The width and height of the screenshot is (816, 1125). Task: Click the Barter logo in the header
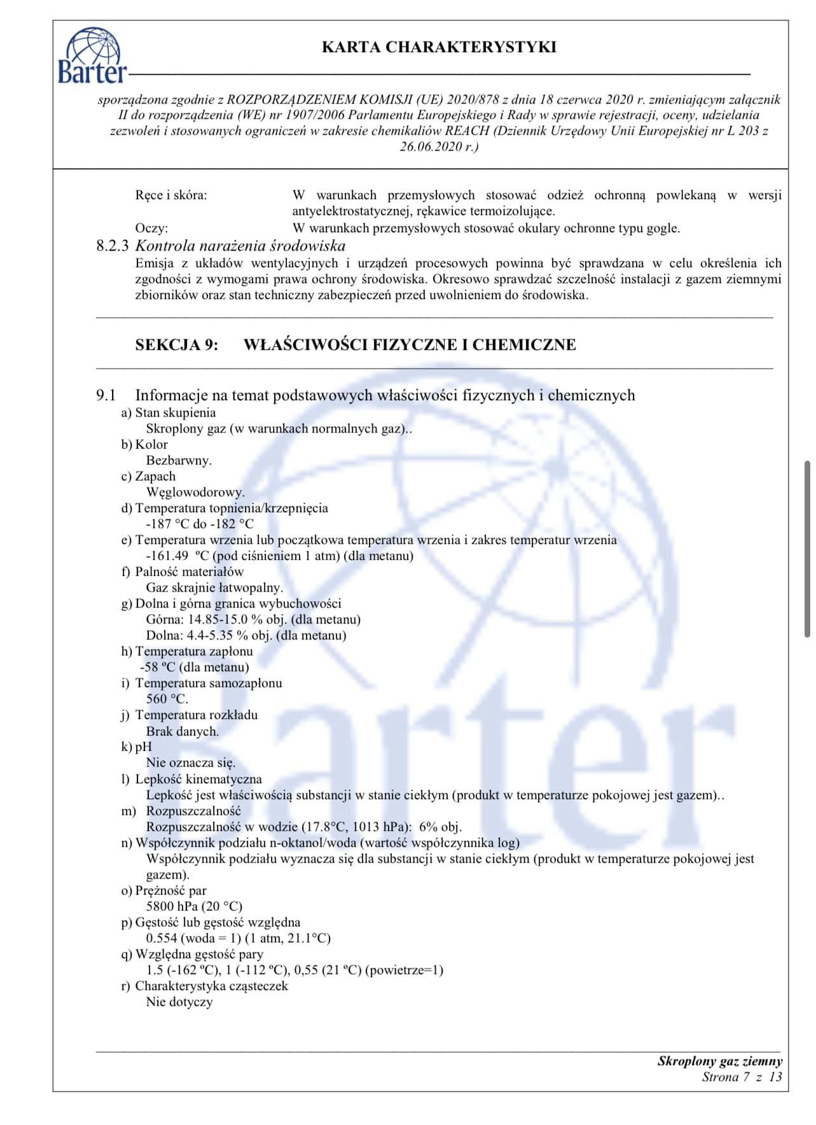[92, 56]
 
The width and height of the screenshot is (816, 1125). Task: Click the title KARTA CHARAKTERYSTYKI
[439, 47]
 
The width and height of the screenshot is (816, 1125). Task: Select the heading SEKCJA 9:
[176, 345]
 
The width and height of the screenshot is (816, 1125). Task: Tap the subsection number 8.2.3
[113, 246]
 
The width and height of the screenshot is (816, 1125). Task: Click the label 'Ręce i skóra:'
[170, 195]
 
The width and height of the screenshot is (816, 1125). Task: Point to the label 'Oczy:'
[151, 228]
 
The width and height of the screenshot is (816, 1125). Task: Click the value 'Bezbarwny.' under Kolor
[179, 460]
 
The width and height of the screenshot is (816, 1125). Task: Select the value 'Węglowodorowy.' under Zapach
[195, 492]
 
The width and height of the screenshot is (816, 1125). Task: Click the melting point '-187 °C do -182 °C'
[200, 524]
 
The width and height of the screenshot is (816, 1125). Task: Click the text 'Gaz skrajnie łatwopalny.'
[214, 587]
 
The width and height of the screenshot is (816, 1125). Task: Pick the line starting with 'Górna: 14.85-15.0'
[253, 619]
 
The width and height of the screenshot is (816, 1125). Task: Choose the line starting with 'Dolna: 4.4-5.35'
[246, 635]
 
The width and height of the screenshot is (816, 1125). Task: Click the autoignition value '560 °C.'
[167, 699]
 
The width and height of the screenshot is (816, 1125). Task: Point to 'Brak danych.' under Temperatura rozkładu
[183, 731]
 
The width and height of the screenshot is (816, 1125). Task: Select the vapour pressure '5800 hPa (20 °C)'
[194, 906]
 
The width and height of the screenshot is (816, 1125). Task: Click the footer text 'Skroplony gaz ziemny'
[720, 1061]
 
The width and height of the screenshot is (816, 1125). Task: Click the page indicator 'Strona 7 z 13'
[742, 1077]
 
